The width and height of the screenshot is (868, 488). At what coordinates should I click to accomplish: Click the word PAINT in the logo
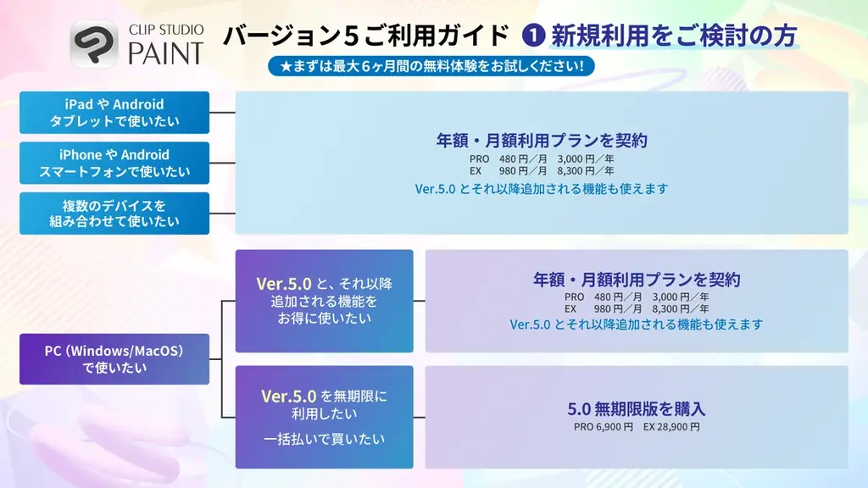coord(166,53)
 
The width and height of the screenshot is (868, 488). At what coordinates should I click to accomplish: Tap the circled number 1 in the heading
coord(535,36)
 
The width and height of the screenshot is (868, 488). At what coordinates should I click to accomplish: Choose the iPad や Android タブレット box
coord(114,113)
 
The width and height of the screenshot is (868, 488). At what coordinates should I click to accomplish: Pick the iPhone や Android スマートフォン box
coord(114,163)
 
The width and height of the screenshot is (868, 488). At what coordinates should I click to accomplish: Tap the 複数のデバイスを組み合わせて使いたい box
coord(114,213)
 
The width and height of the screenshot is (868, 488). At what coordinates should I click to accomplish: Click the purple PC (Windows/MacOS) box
coord(114,358)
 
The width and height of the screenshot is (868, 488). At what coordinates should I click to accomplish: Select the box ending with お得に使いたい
coord(324,301)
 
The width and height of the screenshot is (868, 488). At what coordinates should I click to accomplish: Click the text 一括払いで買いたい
coord(324,439)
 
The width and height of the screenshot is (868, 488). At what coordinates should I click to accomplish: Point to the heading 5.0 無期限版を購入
coord(637,408)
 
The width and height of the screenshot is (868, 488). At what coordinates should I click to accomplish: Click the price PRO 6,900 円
coord(604,427)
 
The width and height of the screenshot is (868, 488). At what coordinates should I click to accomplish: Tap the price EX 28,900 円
coord(671,427)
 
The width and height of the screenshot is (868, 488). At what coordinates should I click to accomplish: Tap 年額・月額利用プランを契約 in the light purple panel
coord(637,279)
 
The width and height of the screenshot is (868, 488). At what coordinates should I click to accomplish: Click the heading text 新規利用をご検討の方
coord(674,36)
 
